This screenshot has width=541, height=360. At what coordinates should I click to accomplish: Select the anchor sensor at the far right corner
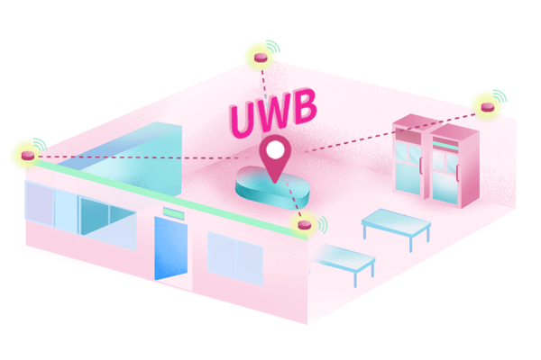[x=488, y=107]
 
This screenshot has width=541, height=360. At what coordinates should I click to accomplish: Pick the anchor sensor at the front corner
[x=305, y=224]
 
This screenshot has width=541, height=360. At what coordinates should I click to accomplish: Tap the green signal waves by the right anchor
[x=500, y=95]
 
